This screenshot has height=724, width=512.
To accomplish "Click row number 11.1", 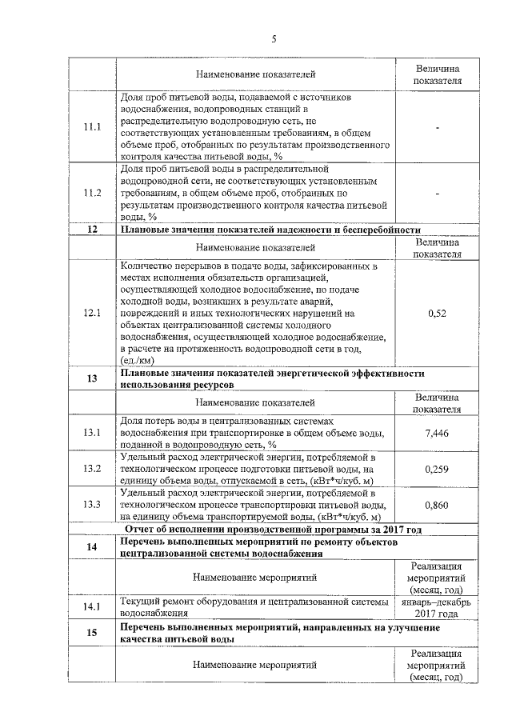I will coord(93,127).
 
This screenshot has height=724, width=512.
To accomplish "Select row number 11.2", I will coord(93,193).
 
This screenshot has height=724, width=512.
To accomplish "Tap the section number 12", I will coord(92,230).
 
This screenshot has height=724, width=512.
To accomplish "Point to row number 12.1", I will coord(93,312).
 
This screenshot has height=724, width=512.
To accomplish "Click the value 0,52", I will coord(437,312).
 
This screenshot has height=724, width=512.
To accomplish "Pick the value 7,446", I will coord(437,433).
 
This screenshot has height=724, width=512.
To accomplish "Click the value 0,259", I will coord(437,468).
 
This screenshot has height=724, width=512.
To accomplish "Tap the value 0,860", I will coord(437,505).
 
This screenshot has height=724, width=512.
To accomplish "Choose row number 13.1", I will coord(93,433).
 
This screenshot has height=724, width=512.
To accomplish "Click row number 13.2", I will coord(93,468).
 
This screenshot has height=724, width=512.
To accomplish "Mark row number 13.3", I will coord(93,505).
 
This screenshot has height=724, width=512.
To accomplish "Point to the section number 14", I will coord(92,546).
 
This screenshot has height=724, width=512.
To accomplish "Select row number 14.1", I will coord(93,606).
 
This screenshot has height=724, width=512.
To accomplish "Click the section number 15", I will coord(92,634).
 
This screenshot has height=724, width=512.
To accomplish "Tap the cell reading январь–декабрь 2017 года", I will coord(437,607).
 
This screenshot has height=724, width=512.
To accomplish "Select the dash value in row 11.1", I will coord(437,127).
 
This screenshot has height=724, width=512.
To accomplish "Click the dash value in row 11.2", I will coord(437,193).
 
